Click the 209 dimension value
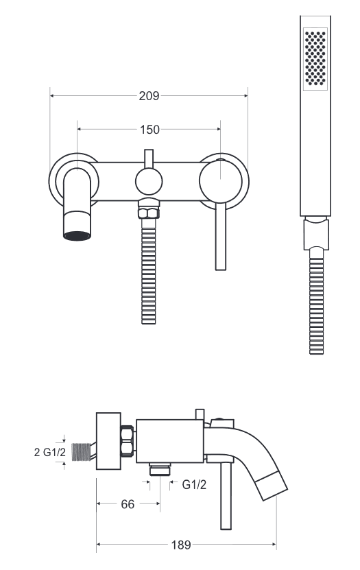149,96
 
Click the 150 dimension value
149,130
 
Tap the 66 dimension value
128,504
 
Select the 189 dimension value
180,545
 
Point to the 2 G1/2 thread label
50,452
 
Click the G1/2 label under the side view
194,484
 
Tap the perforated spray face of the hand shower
315,58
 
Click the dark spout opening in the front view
77,235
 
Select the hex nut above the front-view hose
148,213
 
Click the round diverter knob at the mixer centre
149,181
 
